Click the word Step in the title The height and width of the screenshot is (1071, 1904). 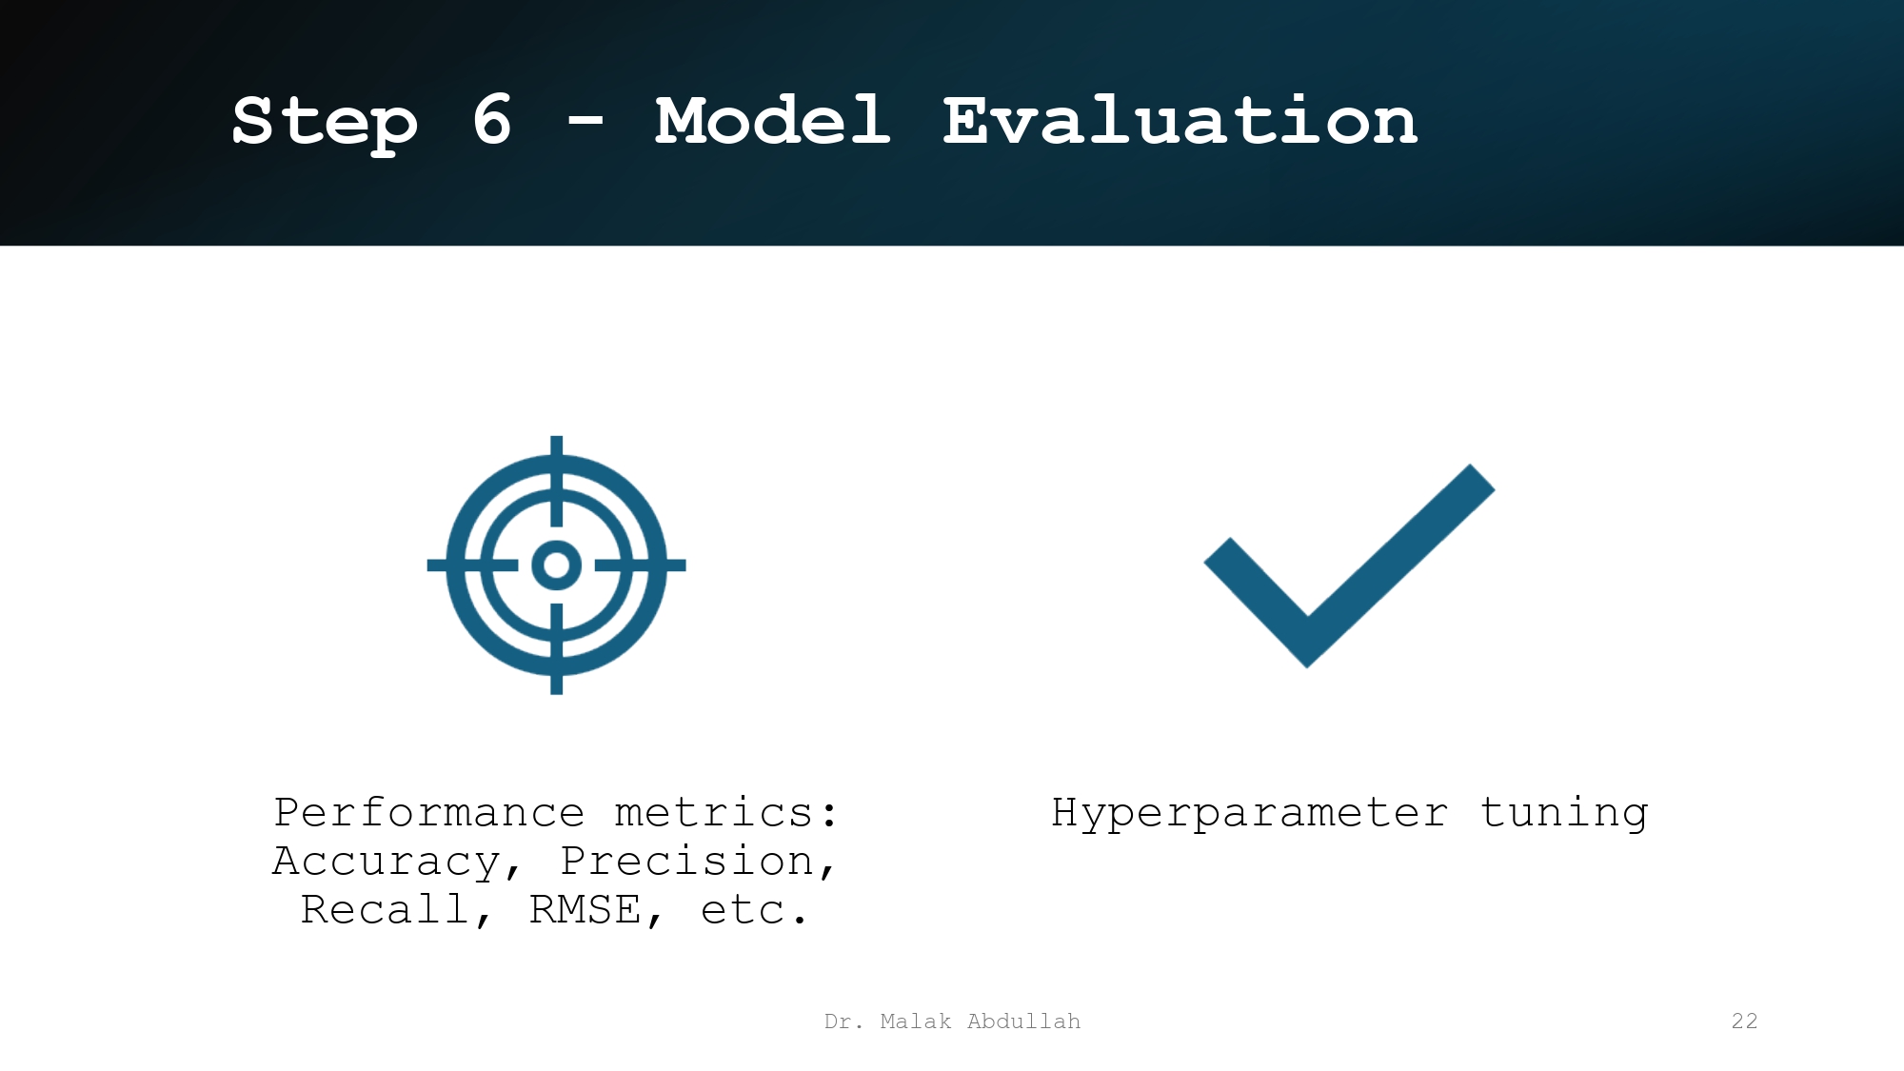click(325, 122)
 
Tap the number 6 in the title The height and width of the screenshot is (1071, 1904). click(492, 121)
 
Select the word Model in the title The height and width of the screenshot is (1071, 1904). click(772, 121)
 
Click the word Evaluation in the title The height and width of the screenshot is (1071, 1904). click(1180, 121)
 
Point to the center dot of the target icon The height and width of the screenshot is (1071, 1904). click(557, 565)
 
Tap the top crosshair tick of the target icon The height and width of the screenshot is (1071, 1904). click(557, 476)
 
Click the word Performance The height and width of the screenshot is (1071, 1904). click(428, 813)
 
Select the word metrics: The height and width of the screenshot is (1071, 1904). click(726, 813)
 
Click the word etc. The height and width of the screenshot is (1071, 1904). click(752, 910)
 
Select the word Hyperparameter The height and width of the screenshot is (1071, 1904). click(1249, 813)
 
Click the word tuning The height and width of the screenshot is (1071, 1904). click(1563, 813)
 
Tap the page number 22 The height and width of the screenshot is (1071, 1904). click(1744, 1021)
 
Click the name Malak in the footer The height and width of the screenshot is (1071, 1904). click(915, 1021)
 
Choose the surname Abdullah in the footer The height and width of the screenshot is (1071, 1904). click(1023, 1021)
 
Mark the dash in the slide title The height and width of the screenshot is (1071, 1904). click(585, 121)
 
